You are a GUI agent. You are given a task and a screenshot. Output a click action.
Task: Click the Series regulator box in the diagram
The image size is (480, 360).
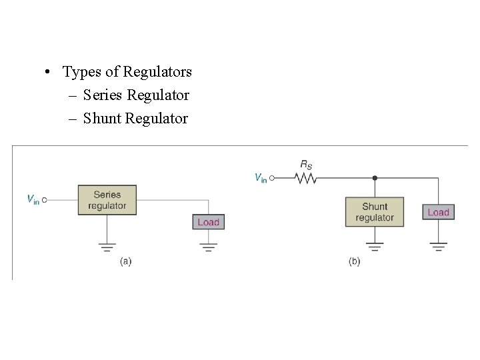[107, 200]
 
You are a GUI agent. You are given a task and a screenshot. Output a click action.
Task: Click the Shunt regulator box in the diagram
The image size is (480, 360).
[374, 211]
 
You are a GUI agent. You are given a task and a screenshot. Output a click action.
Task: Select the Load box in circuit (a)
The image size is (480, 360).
[208, 222]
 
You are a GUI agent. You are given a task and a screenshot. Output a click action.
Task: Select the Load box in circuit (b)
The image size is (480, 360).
[438, 212]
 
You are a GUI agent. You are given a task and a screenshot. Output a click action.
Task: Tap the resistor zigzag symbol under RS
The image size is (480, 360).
[306, 178]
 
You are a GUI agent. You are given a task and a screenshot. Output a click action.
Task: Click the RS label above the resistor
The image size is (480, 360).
[306, 164]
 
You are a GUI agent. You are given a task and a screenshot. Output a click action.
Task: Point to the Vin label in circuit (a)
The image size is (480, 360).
[33, 199]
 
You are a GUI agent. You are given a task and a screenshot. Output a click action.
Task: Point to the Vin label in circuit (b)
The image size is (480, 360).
[261, 178]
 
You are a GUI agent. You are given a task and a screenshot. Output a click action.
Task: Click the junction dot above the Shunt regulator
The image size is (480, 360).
[375, 178]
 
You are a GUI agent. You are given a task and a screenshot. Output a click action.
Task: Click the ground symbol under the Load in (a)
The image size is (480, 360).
[209, 247]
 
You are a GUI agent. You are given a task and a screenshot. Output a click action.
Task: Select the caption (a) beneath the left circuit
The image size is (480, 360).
[125, 262]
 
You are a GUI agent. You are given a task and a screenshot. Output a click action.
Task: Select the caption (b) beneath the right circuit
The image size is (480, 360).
[354, 262]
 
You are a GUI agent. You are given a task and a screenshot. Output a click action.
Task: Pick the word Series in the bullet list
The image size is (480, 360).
[103, 95]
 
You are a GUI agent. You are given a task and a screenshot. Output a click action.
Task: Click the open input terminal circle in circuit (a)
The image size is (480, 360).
[45, 199]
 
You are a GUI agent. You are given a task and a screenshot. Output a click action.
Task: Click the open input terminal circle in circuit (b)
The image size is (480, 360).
[273, 178]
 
